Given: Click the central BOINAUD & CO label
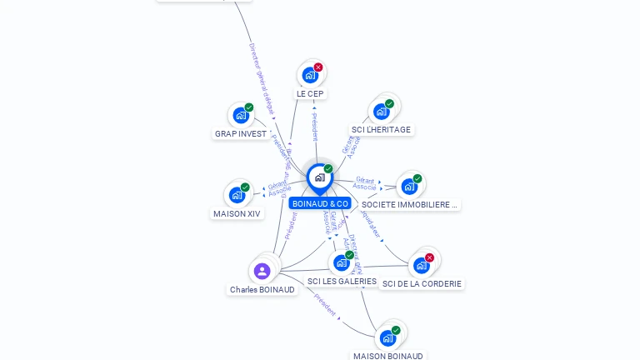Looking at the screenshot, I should (320, 203).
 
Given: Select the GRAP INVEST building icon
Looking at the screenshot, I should (240, 116).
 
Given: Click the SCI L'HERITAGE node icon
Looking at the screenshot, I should (381, 112).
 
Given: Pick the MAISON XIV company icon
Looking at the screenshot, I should (237, 196).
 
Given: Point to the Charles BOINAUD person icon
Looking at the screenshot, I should (262, 271).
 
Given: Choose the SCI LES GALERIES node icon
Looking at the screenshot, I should (341, 263).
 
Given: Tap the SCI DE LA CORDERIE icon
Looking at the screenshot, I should (421, 266).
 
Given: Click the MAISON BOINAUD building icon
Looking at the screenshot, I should (387, 338).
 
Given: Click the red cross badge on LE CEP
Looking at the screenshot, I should (318, 67).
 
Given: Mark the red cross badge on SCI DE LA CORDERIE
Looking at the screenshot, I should (429, 257).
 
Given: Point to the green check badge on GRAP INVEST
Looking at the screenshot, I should (249, 107).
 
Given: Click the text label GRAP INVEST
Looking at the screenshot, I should (241, 133).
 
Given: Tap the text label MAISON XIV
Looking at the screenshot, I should (237, 213).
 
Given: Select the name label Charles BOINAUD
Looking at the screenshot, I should (262, 289).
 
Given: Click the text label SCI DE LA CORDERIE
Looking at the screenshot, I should (422, 283).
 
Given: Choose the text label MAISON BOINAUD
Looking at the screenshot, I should (387, 356).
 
